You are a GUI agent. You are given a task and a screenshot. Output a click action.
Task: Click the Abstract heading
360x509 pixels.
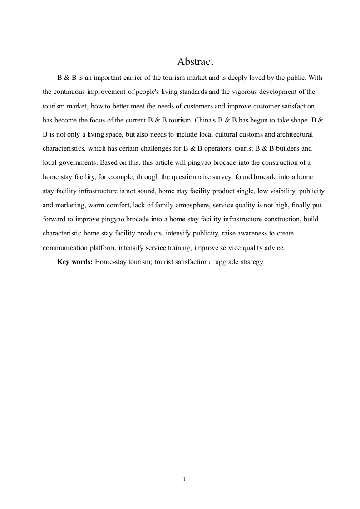click(x=195, y=61)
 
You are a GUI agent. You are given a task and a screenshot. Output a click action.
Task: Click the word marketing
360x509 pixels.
click(x=71, y=205)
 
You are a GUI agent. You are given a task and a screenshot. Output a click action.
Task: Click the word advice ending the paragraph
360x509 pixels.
click(x=274, y=248)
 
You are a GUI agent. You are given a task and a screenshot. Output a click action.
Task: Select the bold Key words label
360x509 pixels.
click(x=75, y=262)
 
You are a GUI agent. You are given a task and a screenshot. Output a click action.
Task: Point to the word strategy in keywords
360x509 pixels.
click(x=251, y=262)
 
